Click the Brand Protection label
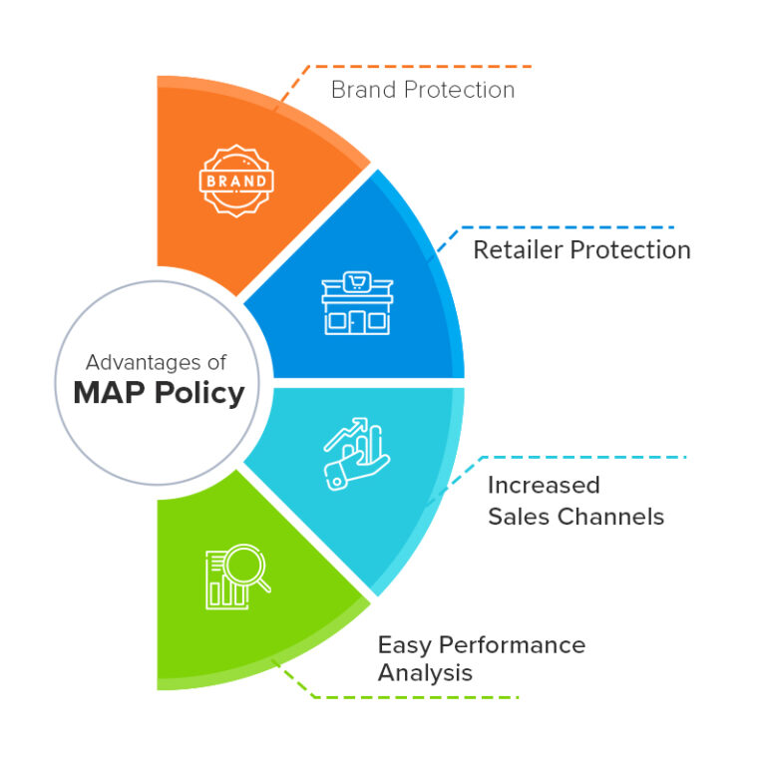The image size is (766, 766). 423,90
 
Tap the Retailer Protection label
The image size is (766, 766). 581,249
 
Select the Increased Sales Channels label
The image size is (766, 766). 575,501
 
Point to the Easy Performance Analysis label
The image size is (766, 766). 481,658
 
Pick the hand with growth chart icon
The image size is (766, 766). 357,452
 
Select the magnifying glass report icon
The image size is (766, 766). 236,576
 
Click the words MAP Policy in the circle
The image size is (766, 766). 159,392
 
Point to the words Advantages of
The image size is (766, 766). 156,361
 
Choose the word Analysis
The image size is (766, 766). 425,672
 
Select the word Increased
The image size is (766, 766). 544,486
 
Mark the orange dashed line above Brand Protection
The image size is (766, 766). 419,67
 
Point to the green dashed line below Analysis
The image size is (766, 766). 419,697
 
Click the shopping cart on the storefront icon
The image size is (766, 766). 357,282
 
